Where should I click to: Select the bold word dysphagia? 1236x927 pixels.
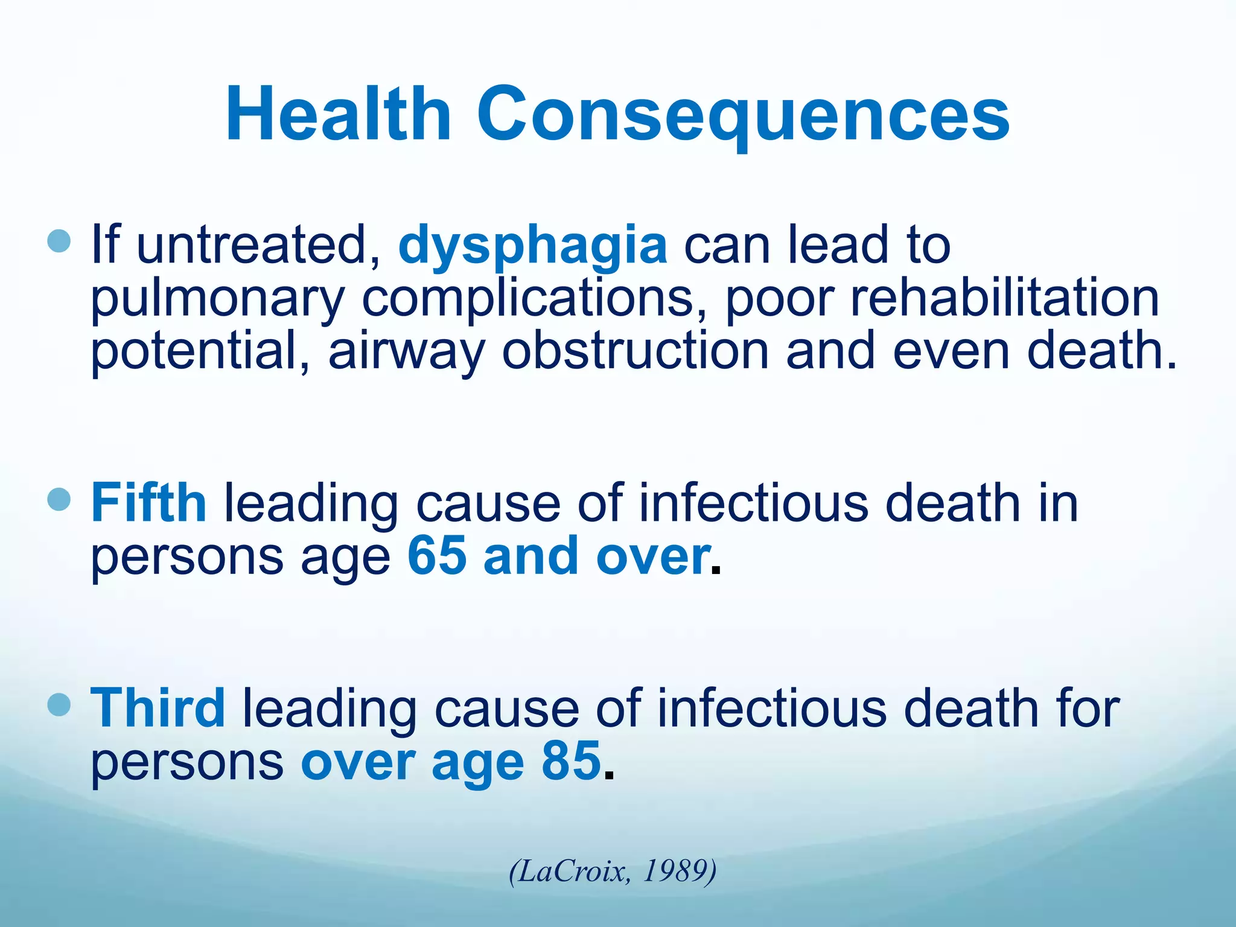532,245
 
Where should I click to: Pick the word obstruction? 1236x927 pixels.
636,351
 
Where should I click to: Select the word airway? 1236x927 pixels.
406,352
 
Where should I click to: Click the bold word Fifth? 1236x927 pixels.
148,502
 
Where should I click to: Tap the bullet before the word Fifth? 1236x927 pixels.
59,499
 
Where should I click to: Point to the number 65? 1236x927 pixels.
437,556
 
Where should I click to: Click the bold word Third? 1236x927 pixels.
158,707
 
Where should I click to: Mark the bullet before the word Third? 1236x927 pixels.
59,704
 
